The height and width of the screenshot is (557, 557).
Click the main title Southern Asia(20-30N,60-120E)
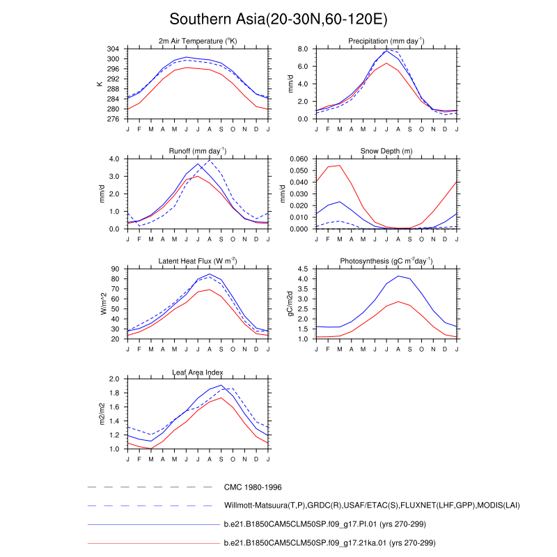tap(278, 19)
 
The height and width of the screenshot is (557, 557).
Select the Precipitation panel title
tap(386, 42)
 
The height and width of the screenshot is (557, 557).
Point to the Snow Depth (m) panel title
tap(386, 151)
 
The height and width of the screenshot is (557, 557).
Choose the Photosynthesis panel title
tap(386, 261)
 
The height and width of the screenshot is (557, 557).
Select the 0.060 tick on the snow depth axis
tap(298, 159)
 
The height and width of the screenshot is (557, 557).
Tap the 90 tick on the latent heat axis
tap(117, 269)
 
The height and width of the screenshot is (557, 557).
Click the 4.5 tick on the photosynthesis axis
tap(304, 269)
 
